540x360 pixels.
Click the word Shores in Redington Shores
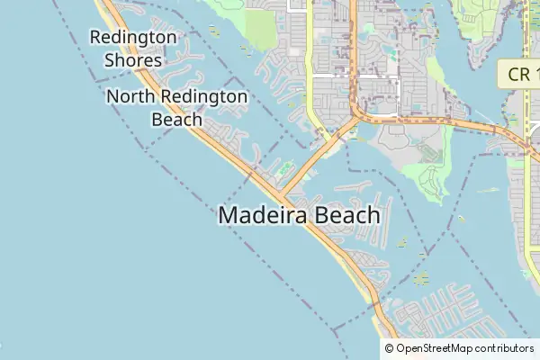pyautogui.click(x=132, y=60)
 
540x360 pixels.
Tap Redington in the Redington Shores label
pyautogui.click(x=133, y=38)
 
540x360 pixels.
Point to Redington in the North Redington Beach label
pyautogui.click(x=209, y=97)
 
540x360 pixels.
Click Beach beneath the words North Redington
pyautogui.click(x=176, y=119)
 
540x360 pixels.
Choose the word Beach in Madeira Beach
pyautogui.click(x=346, y=216)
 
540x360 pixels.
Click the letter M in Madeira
pyautogui.click(x=229, y=216)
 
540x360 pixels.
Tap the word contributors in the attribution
pyautogui.click(x=506, y=348)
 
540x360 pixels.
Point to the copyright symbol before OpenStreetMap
pyautogui.click(x=390, y=348)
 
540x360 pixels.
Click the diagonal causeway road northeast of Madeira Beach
pyautogui.click(x=310, y=162)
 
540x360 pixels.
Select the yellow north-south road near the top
pyautogui.click(x=310, y=54)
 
